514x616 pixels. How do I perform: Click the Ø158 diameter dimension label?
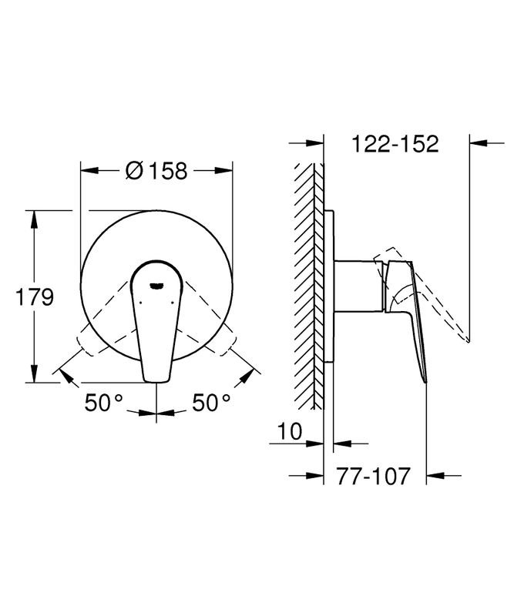click(156, 170)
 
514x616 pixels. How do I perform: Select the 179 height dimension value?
click(34, 296)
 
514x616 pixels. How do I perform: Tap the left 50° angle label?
click(104, 402)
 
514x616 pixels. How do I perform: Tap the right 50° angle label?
click(211, 402)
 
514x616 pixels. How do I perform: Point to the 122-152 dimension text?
click(395, 144)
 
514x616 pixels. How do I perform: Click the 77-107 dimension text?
click(373, 476)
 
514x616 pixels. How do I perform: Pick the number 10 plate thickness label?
click(290, 431)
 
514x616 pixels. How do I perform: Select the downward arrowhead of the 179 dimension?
click(35, 373)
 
